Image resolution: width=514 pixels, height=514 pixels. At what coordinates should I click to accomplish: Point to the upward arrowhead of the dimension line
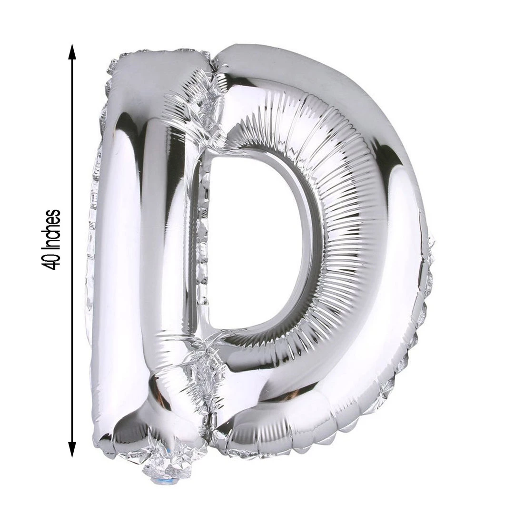coord(72,51)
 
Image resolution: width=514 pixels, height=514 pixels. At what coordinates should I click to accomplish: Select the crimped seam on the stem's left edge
coord(92,238)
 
